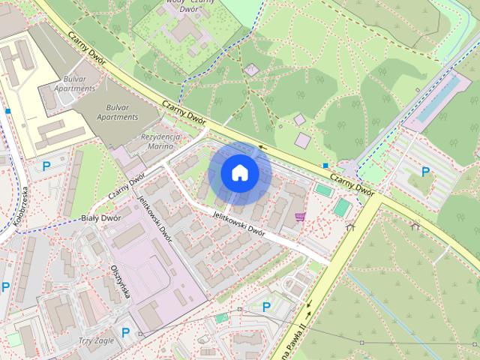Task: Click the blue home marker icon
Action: pos(240,172)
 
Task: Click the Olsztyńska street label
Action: pos(120,281)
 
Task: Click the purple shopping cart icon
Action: pos(301,217)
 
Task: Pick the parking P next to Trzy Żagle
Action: pos(126,332)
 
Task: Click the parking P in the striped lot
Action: pos(426,172)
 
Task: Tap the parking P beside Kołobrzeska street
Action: pos(46,166)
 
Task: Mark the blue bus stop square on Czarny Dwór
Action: pos(325,165)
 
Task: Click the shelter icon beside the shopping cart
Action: pos(350,226)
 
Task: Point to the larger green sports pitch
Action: pos(341,207)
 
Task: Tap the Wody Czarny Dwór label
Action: pos(181,4)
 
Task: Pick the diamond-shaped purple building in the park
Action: pos(252,70)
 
